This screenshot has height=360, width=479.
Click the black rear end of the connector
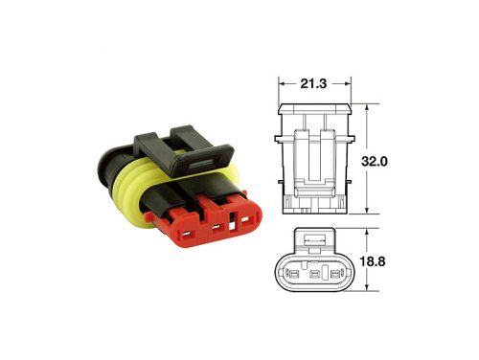pos(104,168)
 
